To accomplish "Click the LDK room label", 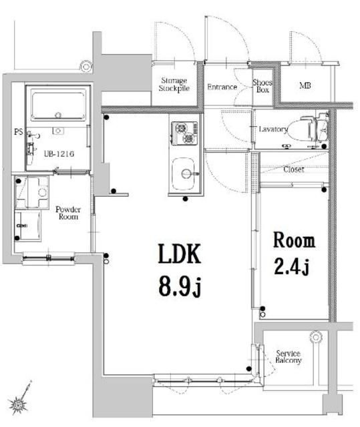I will point(179,254).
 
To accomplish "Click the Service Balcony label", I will point(288,356).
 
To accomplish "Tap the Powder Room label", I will point(68,213).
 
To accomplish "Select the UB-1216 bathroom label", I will point(58,154).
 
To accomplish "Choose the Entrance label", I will point(222,87).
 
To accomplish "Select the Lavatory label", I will point(272,129).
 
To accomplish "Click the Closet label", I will point(293,169).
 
